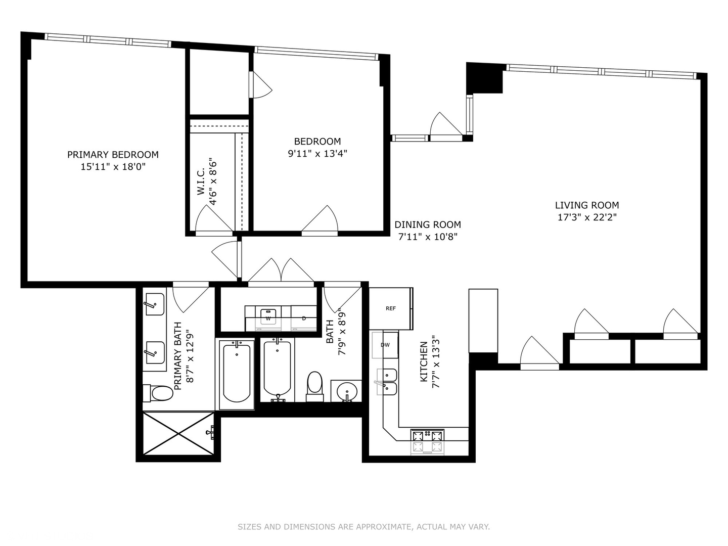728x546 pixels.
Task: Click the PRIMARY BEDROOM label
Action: [x=113, y=155]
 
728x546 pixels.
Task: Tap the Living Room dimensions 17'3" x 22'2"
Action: [x=586, y=217]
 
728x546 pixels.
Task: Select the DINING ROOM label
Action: [x=427, y=224]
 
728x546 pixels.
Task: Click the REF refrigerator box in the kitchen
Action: [x=391, y=308]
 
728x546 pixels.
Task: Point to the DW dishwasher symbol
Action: [x=385, y=345]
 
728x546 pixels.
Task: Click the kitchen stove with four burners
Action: [x=427, y=440]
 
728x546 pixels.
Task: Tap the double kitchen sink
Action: [x=389, y=382]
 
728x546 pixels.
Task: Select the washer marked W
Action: [x=268, y=317]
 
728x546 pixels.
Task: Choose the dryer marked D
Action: [x=303, y=317]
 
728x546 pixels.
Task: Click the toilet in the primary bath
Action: [x=158, y=393]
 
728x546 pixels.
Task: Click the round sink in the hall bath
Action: [x=347, y=391]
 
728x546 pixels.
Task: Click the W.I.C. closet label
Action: [x=201, y=182]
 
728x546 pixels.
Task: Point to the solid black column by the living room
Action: [x=484, y=78]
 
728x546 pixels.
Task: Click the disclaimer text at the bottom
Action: [x=363, y=527]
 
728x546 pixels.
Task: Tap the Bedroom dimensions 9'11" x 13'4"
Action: [x=317, y=154]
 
